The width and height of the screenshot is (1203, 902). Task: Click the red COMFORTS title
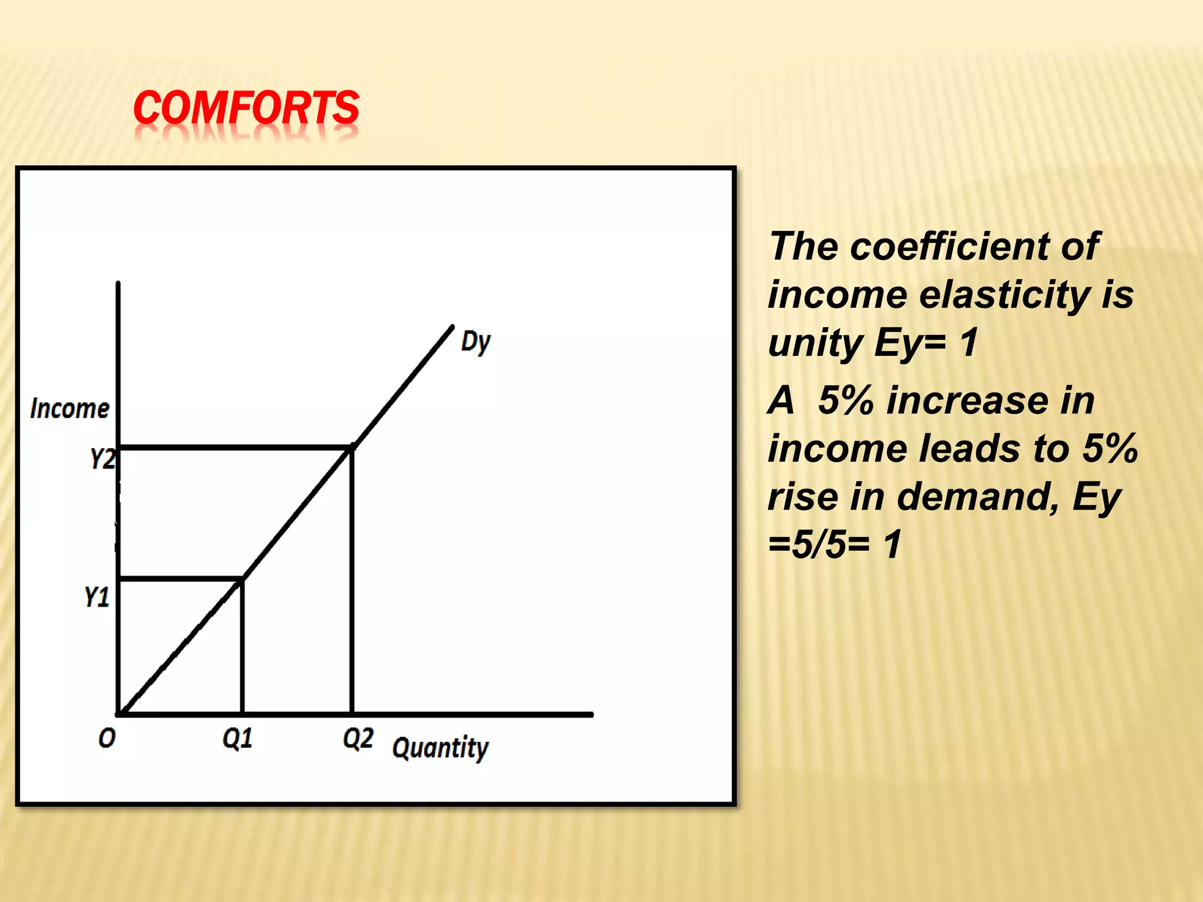point(246,108)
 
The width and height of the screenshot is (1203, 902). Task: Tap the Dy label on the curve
point(475,342)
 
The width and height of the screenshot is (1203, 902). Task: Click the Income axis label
point(70,409)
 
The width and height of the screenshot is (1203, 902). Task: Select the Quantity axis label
point(440,748)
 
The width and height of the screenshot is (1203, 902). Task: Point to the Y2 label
point(102,459)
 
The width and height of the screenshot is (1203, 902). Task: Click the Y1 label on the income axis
point(97,597)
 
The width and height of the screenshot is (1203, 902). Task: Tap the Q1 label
point(237,738)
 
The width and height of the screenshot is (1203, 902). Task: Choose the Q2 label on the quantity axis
point(358,738)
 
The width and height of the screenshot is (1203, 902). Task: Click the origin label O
point(107,738)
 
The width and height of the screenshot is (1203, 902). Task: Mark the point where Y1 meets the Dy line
point(242,580)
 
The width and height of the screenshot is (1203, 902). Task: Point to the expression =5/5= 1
point(834,544)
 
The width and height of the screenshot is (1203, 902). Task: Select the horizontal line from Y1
point(180,580)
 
